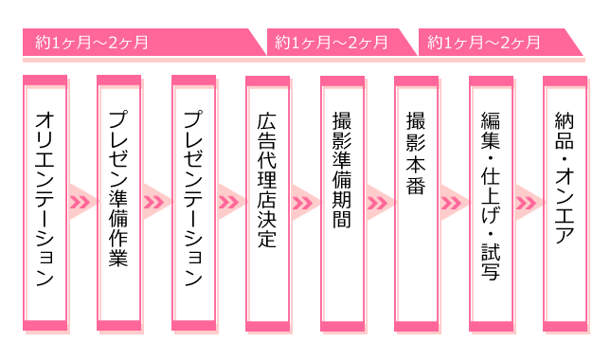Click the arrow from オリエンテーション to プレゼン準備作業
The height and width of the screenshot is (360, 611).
pyautogui.click(x=82, y=202)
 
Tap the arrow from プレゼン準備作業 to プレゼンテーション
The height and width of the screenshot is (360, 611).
pyautogui.click(x=156, y=202)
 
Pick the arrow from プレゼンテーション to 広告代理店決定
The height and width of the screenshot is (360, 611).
pyautogui.click(x=230, y=202)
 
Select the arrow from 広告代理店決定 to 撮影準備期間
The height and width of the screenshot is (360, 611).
pyautogui.click(x=305, y=202)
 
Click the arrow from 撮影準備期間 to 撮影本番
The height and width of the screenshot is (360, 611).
pyautogui.click(x=379, y=202)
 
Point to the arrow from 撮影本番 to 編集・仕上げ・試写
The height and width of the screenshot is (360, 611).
pyautogui.click(x=454, y=202)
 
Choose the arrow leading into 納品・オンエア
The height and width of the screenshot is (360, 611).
pyautogui.click(x=528, y=202)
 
